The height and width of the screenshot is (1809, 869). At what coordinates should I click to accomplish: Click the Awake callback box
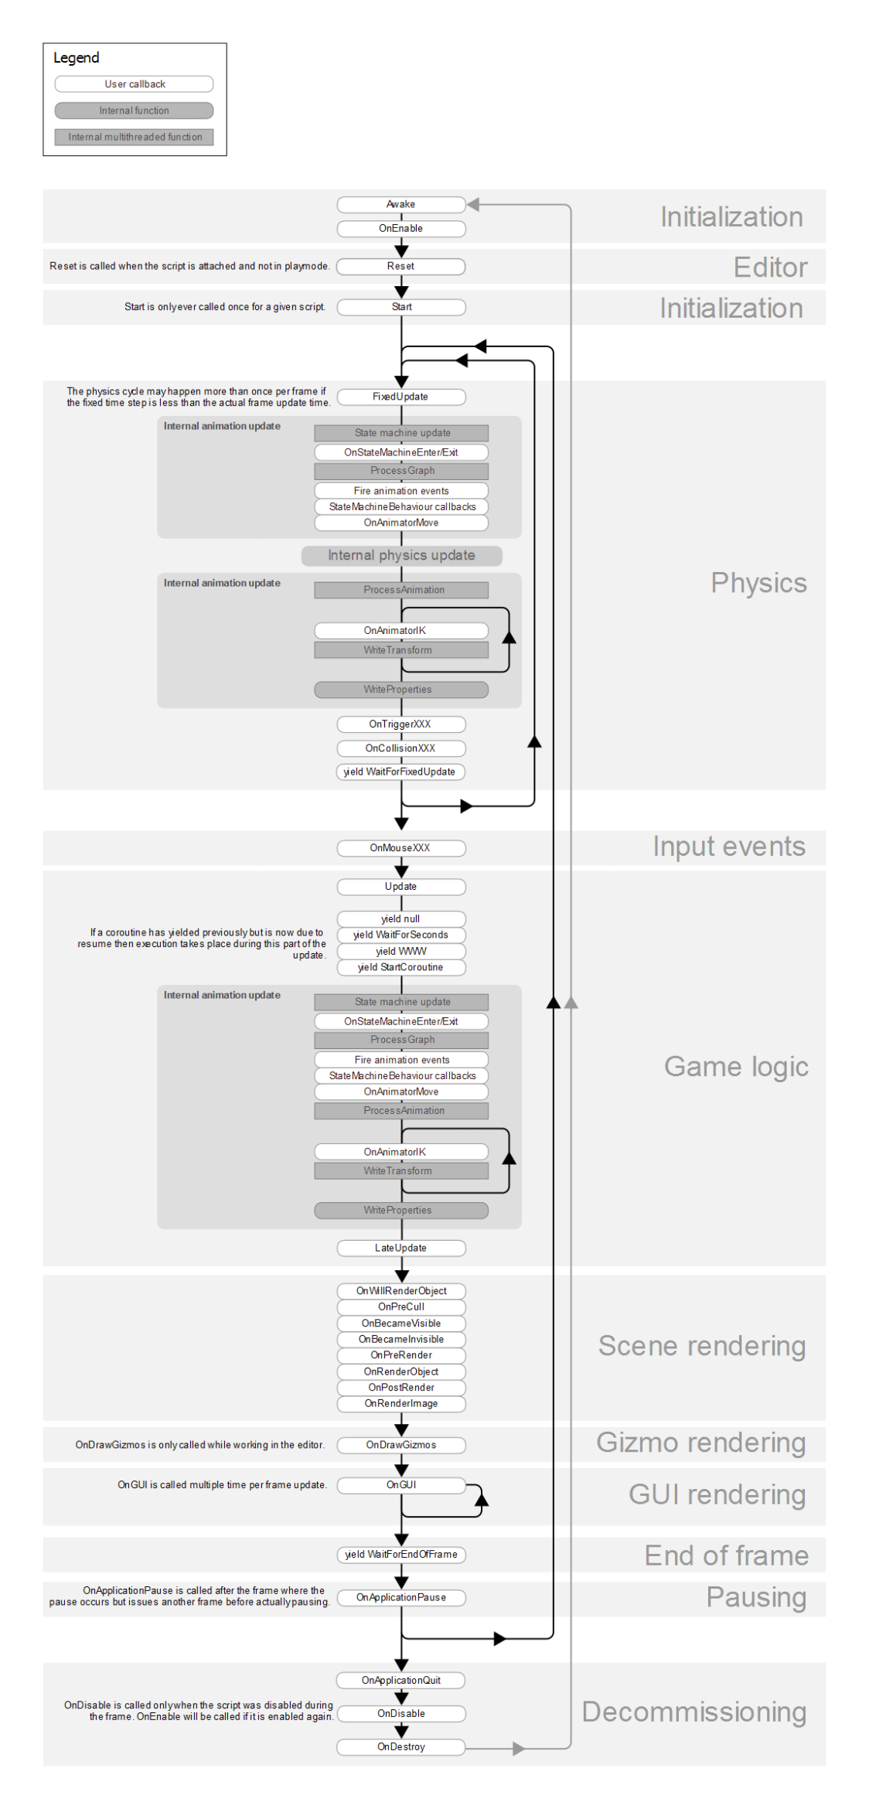coord(400,204)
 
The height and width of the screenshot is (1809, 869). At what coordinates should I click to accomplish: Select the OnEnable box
coord(400,228)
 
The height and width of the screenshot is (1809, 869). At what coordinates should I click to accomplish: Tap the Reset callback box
coord(400,266)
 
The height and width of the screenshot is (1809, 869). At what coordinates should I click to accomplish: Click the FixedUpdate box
coord(400,397)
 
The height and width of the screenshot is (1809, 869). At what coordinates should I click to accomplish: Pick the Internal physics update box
coord(401,555)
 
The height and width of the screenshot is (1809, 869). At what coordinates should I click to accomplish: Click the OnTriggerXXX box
coord(400,724)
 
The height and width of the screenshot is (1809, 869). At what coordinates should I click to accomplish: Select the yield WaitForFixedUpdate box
coord(400,772)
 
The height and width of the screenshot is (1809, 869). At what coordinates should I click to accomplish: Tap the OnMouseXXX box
coord(400,848)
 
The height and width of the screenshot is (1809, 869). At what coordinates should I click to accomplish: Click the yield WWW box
coord(400,951)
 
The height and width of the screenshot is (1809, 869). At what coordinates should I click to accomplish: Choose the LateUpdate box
coord(400,1248)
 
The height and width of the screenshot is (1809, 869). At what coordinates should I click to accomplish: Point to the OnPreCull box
coord(400,1306)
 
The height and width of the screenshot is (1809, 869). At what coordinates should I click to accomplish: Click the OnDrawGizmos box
coord(400,1445)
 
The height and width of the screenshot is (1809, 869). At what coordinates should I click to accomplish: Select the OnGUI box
coord(400,1485)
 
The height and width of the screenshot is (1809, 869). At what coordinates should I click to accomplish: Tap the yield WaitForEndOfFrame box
coord(400,1555)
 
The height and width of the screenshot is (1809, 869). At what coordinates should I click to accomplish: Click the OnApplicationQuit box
coord(400,1681)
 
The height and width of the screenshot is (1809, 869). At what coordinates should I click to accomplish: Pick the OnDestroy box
coord(400,1747)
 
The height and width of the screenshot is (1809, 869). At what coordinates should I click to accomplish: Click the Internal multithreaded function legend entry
coord(135,137)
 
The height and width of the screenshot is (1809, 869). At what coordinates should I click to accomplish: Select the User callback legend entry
coord(135,84)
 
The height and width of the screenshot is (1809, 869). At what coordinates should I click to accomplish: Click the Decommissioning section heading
coord(693,1712)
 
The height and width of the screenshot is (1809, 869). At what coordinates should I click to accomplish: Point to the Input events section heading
coord(728,847)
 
